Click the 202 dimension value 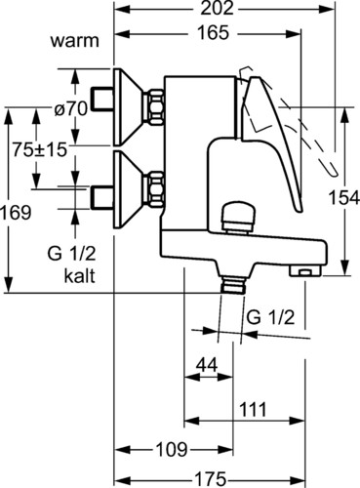(x=217, y=8)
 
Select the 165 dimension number (x=214, y=33)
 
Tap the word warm (x=74, y=41)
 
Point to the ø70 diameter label (x=70, y=108)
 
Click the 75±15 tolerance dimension (x=40, y=149)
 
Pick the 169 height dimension (x=16, y=213)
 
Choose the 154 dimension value (x=344, y=198)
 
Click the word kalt (x=79, y=276)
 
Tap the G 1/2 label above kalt (x=71, y=254)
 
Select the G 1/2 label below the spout (x=270, y=317)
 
